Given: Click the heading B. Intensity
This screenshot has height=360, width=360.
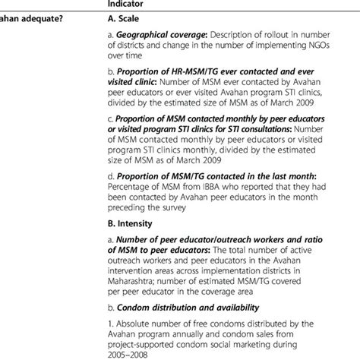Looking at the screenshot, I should [x=131, y=224].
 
